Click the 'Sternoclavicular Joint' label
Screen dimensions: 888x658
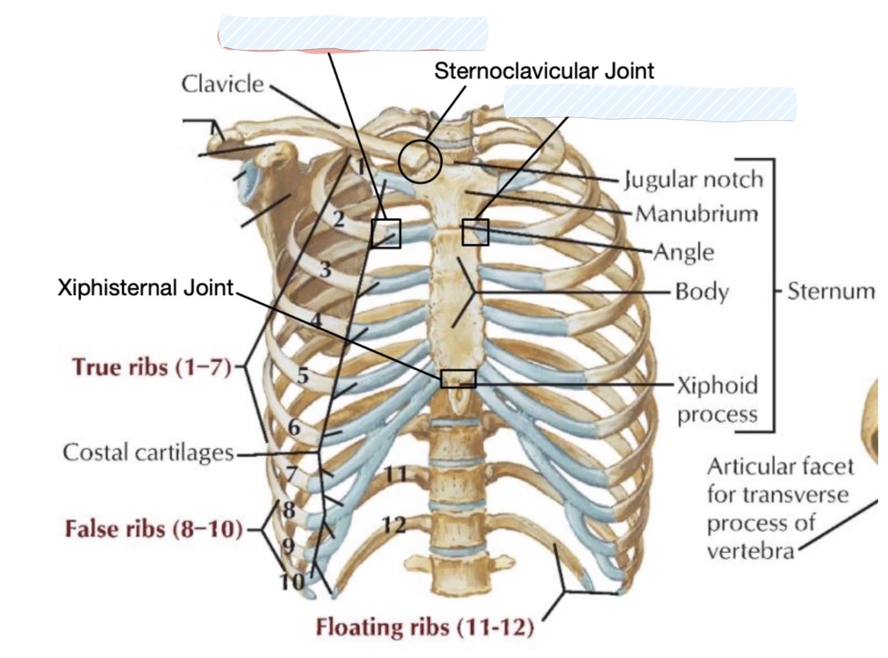[x=544, y=71]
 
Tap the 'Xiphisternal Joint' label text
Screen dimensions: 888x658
[x=145, y=287]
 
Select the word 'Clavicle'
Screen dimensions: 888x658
[x=223, y=84]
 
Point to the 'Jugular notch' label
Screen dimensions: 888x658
[x=694, y=180]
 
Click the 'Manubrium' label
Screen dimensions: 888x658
[x=697, y=214]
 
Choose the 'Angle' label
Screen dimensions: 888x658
[x=684, y=252]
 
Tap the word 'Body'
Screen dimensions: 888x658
[x=702, y=292]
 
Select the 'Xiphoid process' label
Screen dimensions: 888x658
[x=717, y=399]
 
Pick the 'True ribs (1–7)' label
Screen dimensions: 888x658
[x=152, y=367]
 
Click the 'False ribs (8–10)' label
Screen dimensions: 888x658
[x=154, y=529]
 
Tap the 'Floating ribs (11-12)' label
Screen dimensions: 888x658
[x=425, y=627]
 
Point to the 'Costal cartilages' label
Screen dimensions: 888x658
[x=148, y=453]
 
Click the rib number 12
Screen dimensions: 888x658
[x=394, y=525]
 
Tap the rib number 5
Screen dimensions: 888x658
[x=303, y=376]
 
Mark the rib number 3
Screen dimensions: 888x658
[x=325, y=269]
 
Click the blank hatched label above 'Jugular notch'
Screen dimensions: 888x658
[x=650, y=103]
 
